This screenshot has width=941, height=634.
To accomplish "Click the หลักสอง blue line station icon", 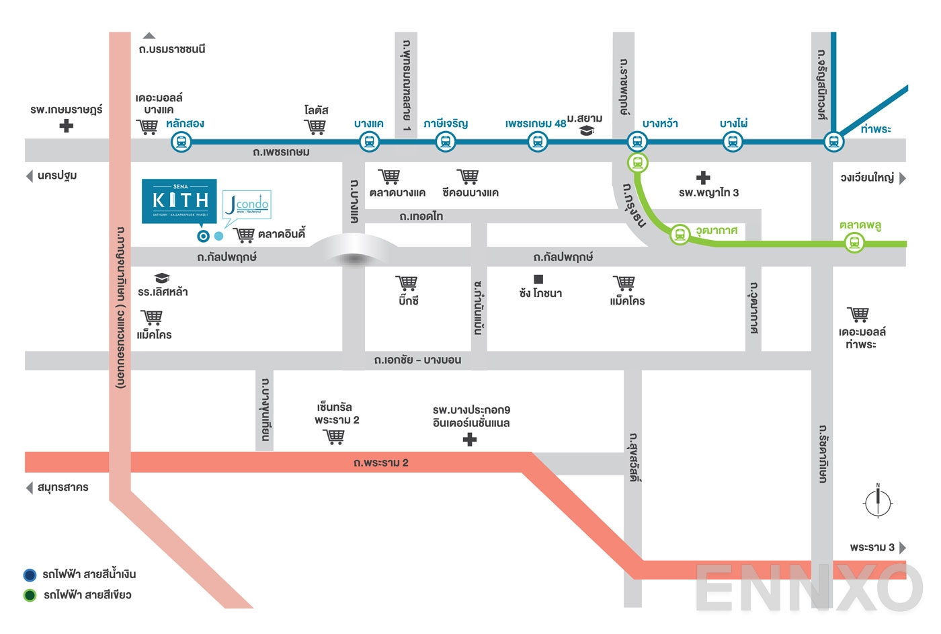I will pos(181,142).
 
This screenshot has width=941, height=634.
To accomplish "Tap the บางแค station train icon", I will pos(369,142).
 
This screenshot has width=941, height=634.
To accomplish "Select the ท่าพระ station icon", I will pos(833,142).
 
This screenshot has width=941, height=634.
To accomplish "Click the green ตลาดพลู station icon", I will pos(854,242).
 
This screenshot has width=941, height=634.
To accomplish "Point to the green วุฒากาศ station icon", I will pos(680,235).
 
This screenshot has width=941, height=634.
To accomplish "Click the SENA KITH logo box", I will pos(179,200).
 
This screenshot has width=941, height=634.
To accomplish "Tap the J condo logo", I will pos(247,204).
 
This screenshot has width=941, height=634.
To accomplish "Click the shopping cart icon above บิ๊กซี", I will pos(407,283).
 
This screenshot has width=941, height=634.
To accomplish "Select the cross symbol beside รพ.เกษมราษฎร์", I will pos(66,126).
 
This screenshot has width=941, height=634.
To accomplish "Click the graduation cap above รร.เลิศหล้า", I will pos(162,278).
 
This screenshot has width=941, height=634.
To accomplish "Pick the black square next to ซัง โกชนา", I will pos(538,279).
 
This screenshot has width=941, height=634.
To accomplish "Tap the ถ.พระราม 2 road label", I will pos(380,463).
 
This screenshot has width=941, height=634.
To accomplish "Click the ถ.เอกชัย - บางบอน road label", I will pos(417,360).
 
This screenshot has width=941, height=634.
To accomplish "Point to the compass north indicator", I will pos(878,502).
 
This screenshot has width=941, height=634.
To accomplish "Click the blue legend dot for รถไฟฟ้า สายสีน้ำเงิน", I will pos(30,575).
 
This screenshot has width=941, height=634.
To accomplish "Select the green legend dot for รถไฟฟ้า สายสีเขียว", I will pos(30,595).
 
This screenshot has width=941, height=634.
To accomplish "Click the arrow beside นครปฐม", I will pos(29,176).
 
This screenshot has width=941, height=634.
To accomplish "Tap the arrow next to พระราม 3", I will pos(903,547).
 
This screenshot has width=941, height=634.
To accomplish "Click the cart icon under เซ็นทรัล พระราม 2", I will pos(334,437).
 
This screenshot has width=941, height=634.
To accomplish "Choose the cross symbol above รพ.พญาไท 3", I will pos(703,177).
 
